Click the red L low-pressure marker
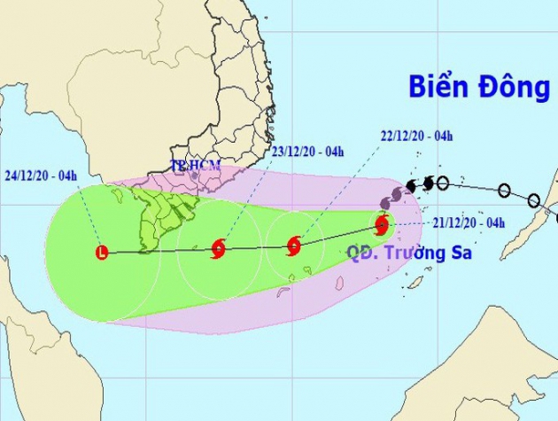102,253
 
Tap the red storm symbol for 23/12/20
218,250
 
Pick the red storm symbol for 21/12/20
382,224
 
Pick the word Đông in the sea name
515,87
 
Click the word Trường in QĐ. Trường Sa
413,253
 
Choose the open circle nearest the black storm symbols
443,183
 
